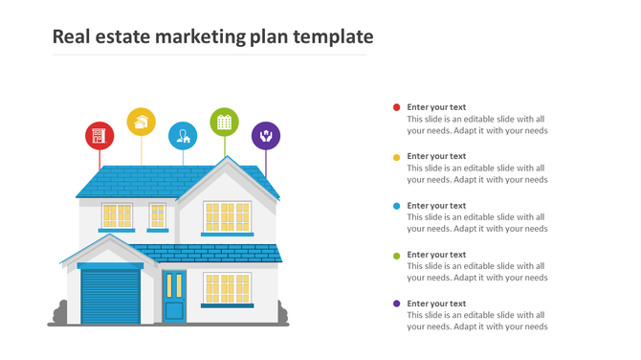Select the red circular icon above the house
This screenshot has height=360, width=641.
99,135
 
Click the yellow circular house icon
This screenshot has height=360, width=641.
142,122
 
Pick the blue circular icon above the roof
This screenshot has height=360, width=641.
183,136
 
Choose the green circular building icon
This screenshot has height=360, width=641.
224,122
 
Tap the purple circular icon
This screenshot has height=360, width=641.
266,135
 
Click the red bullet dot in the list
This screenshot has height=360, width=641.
397,107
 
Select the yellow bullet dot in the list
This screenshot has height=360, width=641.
397,156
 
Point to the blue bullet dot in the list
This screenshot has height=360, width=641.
397,206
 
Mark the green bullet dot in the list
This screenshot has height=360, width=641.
397,255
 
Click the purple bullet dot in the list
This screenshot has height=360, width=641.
397,304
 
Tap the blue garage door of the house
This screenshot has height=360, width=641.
110,295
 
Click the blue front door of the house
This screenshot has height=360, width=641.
174,297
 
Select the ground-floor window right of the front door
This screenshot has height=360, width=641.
227,288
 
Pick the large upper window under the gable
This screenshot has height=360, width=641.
227,216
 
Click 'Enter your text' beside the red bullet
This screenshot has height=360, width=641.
436,107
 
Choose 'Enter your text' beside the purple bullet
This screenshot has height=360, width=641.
436,304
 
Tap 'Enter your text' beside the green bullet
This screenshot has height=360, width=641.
436,255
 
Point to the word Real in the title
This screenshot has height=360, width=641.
71,37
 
